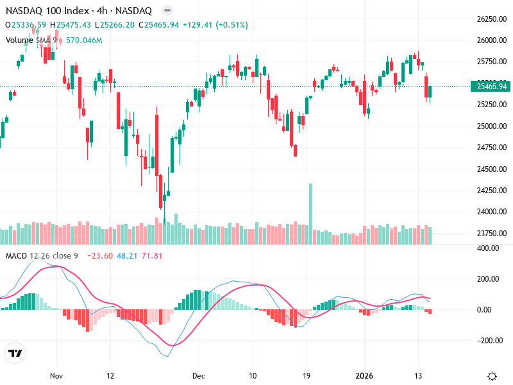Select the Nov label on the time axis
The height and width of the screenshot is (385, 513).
point(56,375)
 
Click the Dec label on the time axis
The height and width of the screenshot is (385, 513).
point(198,375)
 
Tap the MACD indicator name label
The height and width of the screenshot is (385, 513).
point(16,256)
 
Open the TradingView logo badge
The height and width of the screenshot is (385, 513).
point(15,352)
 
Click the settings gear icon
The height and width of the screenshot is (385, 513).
point(492,376)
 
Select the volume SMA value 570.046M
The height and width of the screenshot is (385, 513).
point(84,40)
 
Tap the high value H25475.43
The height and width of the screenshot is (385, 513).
point(74,25)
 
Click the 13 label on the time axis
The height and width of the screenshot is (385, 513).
point(418,375)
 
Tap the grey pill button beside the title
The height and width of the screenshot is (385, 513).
point(167,10)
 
